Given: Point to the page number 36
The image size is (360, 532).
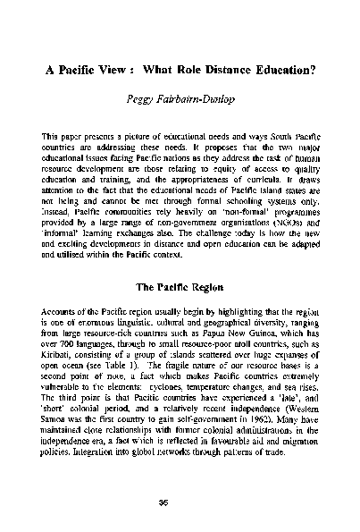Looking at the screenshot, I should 180,501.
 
